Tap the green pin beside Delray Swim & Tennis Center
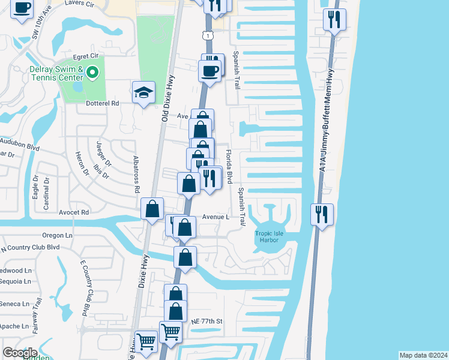tap(92, 73)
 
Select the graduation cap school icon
tap(143, 93)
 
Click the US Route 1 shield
tap(207, 36)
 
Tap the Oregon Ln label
tap(58, 235)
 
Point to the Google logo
tap(20, 353)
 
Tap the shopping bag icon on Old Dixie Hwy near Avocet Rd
tap(152, 209)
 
